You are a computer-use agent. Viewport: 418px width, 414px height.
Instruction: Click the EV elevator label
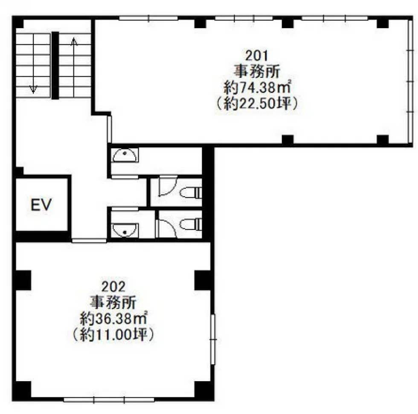click(41, 205)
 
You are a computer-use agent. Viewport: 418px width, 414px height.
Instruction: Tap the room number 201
click(256, 56)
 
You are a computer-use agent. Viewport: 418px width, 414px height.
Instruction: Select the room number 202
click(113, 287)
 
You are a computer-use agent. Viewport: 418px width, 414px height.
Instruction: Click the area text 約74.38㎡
click(257, 87)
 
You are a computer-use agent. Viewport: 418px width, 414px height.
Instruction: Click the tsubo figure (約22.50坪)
click(257, 103)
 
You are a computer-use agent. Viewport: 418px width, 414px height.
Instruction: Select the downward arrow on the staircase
click(33, 64)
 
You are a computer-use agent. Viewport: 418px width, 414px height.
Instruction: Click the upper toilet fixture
click(191, 192)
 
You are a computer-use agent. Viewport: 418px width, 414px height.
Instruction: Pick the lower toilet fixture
click(191, 224)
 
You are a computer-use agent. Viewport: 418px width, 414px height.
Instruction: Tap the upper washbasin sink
click(125, 155)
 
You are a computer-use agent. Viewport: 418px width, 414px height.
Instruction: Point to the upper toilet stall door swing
click(167, 187)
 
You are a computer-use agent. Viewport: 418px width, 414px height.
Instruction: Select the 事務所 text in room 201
click(257, 72)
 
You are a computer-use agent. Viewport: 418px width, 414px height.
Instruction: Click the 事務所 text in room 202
click(113, 302)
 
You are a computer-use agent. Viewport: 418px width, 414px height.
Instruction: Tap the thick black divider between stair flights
click(55, 66)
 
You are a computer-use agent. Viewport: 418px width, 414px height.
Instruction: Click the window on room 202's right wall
click(213, 339)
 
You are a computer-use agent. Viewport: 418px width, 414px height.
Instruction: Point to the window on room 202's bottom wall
click(109, 400)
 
